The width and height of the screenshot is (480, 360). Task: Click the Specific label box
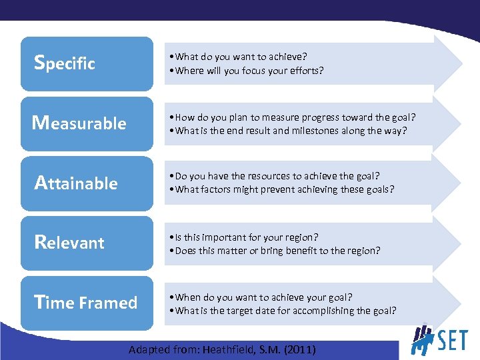tap(87, 64)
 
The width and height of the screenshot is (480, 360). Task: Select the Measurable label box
tap(87, 123)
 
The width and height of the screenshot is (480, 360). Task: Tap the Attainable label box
tap(87, 183)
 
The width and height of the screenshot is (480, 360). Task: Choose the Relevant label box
tap(87, 243)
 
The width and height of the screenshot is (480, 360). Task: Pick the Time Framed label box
tap(87, 303)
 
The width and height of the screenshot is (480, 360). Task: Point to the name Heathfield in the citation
tap(227, 349)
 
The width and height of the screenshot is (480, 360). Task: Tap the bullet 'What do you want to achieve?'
tap(240, 57)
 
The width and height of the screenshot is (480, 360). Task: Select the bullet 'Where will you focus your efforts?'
tap(247, 70)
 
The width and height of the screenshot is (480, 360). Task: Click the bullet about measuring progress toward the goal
tap(293, 117)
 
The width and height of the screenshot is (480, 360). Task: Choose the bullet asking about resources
tap(275, 176)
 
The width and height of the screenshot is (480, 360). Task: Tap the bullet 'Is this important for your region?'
tap(244, 237)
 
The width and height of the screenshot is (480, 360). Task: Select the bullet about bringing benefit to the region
tap(275, 250)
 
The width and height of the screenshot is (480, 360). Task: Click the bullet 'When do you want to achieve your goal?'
tap(261, 297)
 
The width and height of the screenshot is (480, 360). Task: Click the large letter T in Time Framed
tap(39, 302)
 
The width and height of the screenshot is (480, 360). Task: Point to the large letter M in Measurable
tap(41, 123)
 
